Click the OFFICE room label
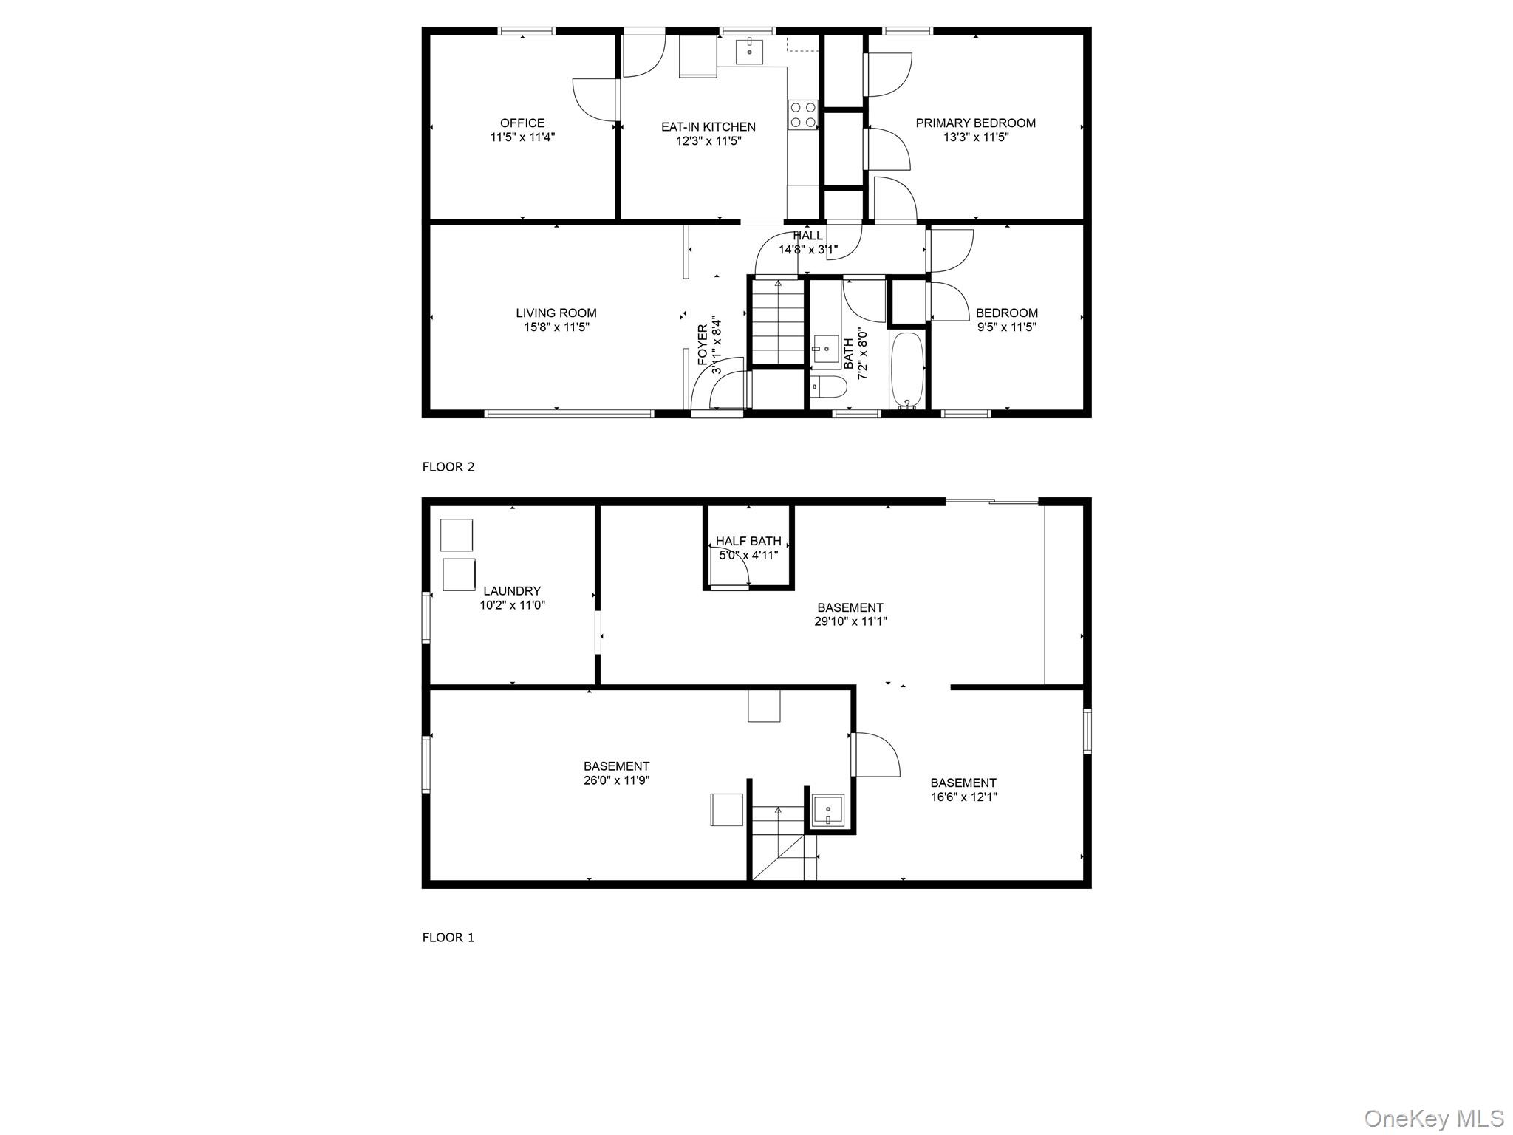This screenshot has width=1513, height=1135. point(522,123)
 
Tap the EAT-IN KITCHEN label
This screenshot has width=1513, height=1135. point(708,127)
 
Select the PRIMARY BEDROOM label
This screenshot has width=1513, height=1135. point(975,123)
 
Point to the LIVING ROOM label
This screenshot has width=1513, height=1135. point(556,313)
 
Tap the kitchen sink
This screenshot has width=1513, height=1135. point(749,51)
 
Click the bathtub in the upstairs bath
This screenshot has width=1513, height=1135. point(906,370)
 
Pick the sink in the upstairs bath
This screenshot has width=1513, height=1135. point(824,348)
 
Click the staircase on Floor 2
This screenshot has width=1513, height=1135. point(777,321)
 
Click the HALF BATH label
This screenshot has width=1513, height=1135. point(748,542)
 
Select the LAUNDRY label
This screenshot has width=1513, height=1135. point(512,591)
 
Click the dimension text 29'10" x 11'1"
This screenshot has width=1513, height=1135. point(850,622)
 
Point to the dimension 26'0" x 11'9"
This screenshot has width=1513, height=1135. point(616,780)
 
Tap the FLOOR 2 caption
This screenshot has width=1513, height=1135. point(448,467)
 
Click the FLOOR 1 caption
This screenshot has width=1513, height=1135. point(448,938)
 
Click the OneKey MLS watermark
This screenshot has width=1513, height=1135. point(1433,1119)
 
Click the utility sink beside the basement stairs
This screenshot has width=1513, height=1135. point(828,811)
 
